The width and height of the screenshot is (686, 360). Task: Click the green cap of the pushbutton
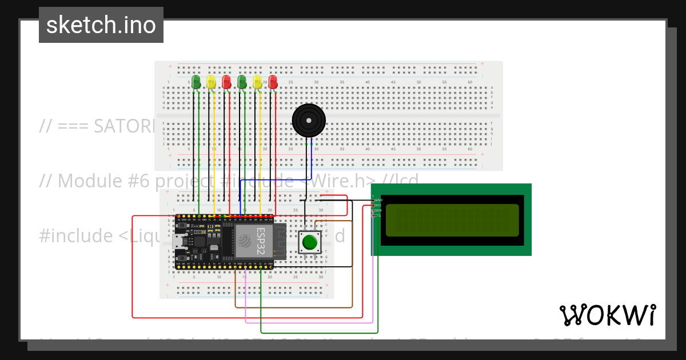pos(309,242)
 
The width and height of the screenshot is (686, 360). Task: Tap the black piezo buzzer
pos(309,121)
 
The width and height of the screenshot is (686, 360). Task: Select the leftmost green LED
pos(196,82)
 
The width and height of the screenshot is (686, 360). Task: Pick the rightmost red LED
pos(273,82)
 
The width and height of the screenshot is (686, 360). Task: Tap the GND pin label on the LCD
pos(378,200)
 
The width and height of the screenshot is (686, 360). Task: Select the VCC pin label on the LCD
pos(378,205)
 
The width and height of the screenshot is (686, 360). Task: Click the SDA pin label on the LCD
pos(378,210)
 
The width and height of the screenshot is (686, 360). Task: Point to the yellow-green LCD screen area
pos(452,220)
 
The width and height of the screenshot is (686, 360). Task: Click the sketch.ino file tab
pos(101,25)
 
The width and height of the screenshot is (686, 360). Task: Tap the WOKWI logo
pos(607,315)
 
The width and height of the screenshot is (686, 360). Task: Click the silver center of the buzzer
pos(309,121)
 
